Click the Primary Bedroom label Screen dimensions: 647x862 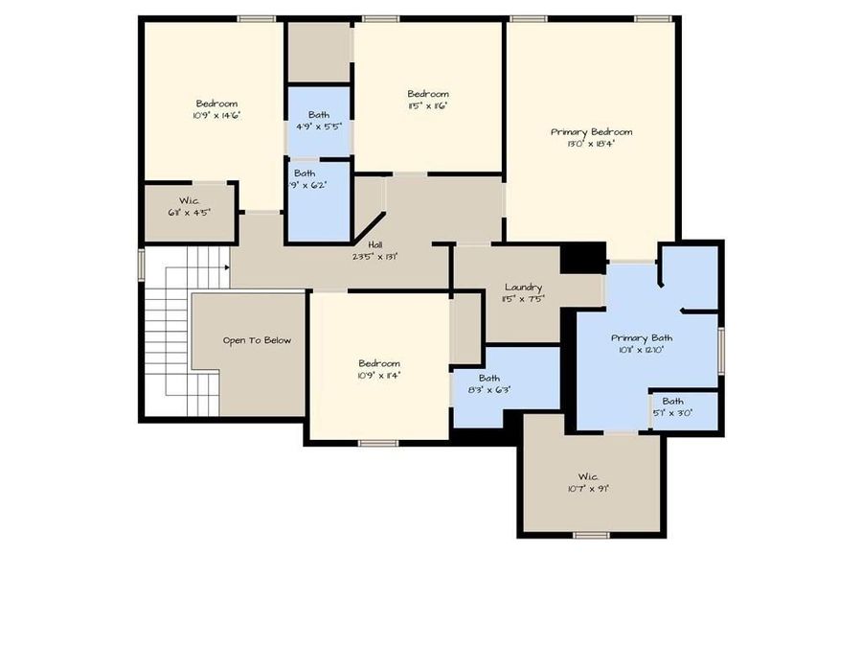pos(591,132)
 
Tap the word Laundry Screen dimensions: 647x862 pos(523,287)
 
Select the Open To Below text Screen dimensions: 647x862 pos(257,340)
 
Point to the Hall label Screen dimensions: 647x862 pos(375,244)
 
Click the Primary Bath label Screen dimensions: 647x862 pos(642,337)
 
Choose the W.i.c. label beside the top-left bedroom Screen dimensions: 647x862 pos(189,201)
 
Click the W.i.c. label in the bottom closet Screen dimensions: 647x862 pos(587,476)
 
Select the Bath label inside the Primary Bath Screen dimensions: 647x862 pos(672,402)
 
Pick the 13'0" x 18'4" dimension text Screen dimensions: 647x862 pos(591,144)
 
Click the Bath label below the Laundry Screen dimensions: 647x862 pos(488,379)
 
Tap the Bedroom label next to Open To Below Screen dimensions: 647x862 pos(379,363)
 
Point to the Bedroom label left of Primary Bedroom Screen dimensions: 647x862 pos(427,94)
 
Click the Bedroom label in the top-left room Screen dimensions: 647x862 pos(216,104)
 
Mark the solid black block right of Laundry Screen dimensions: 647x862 pos(582,257)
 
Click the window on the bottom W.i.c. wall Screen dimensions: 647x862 pos(591,534)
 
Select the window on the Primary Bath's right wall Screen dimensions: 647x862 pos(721,347)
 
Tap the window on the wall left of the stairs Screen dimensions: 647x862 pos(142,265)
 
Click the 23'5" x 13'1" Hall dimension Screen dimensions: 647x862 pos(375,256)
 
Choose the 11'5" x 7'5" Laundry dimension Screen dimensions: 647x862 pos(523,298)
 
